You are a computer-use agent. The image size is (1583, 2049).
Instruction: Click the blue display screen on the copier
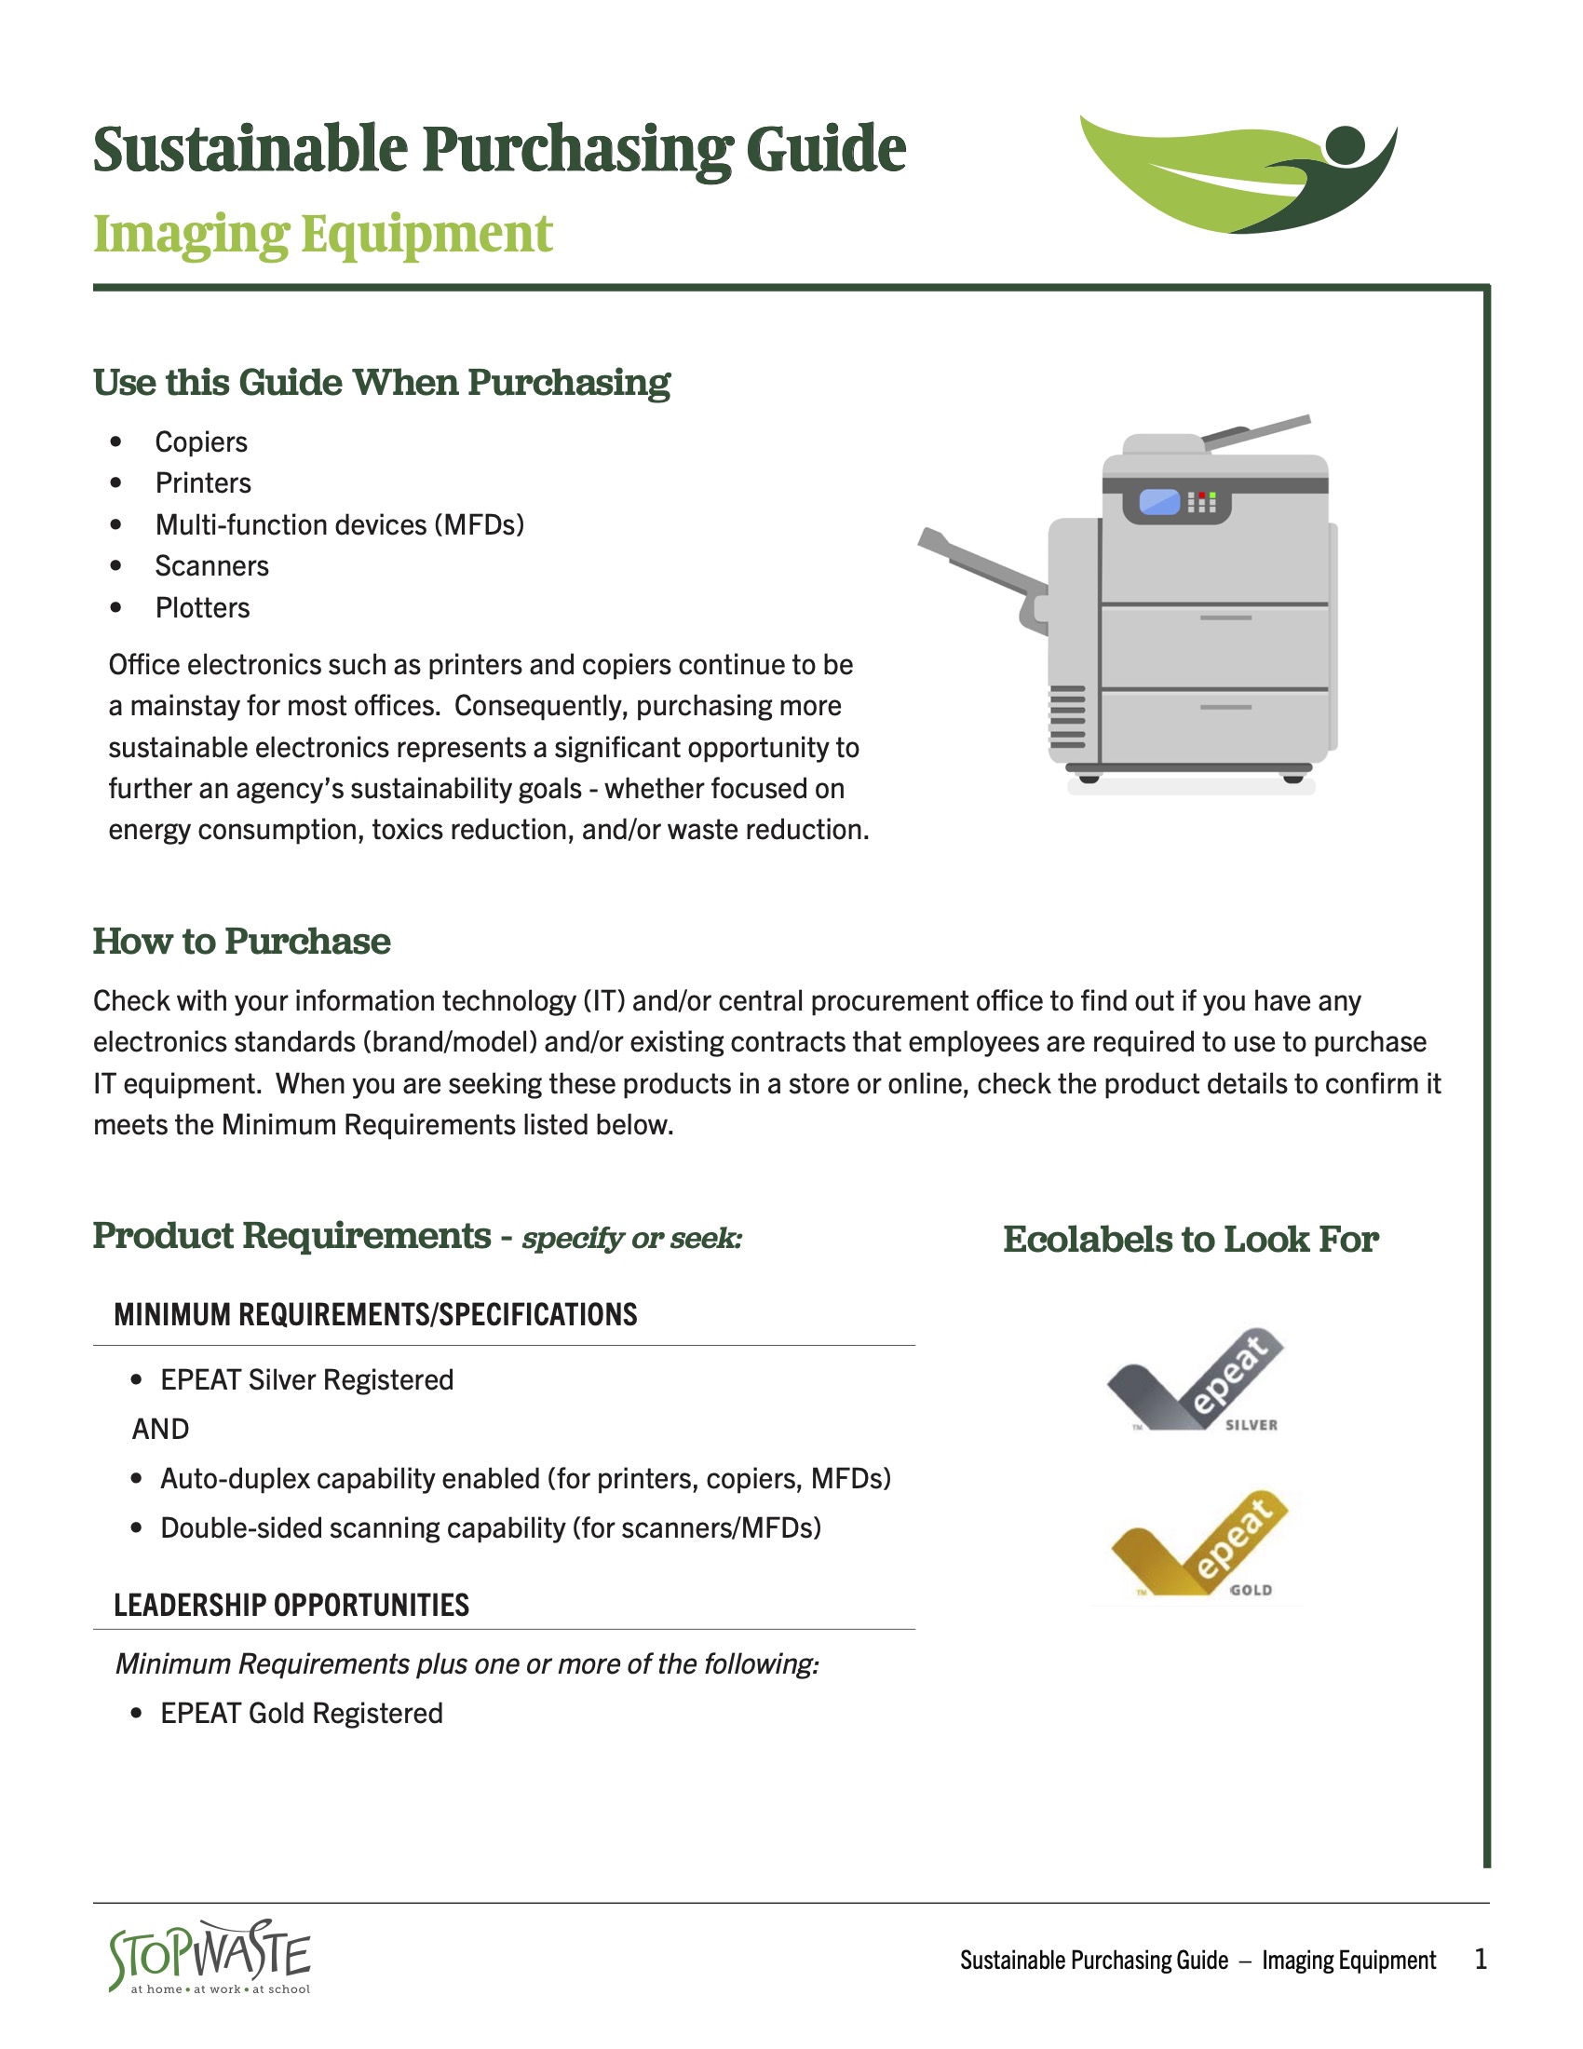point(1159,503)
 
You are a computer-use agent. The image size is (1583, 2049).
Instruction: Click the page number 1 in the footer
point(1480,1959)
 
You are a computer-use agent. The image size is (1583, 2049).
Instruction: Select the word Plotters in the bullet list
point(203,608)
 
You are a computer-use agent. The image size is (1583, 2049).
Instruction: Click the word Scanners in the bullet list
point(212,566)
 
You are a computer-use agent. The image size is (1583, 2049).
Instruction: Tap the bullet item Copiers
point(201,441)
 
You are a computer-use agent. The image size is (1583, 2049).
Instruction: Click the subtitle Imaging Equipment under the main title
point(322,235)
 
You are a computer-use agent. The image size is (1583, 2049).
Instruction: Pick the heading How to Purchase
point(241,941)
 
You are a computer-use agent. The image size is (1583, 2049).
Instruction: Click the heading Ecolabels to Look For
point(1190,1240)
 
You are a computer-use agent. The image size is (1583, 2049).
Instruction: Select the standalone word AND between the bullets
point(160,1429)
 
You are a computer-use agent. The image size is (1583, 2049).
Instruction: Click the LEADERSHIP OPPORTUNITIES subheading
point(291,1606)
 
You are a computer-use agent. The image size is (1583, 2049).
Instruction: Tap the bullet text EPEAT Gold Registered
point(301,1713)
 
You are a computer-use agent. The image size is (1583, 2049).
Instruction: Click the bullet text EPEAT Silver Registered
point(306,1380)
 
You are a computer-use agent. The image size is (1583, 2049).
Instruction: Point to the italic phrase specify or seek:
point(632,1239)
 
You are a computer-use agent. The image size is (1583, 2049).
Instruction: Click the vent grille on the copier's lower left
point(1067,717)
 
